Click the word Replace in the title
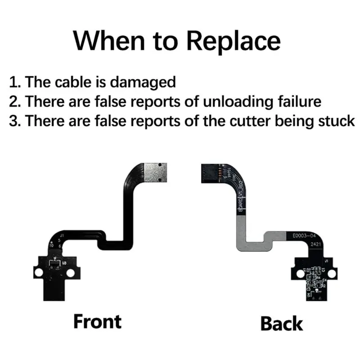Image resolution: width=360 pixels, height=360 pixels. (234, 41)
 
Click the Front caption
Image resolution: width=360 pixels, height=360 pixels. (98, 321)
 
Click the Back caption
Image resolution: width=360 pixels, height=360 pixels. (282, 323)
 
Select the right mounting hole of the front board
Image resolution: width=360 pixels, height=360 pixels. (71, 273)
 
